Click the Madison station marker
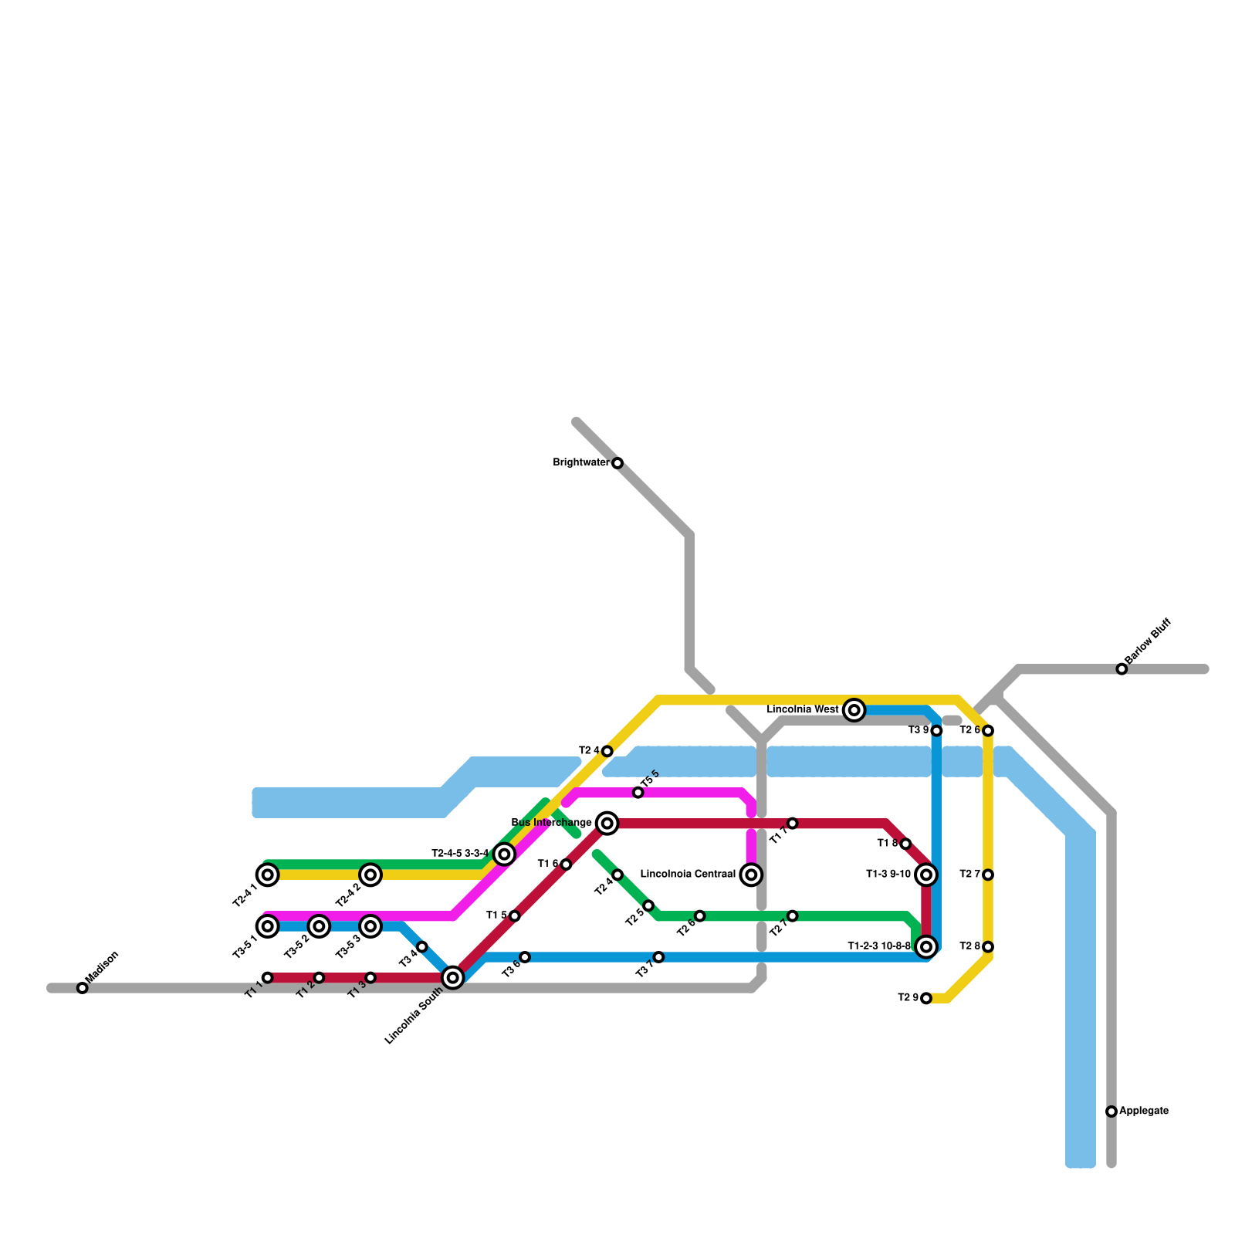83,988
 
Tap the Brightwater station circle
617,463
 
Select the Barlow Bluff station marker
1122,669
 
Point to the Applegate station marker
1111,1111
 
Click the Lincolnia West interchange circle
854,710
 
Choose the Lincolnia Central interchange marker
751,875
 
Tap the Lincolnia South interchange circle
453,978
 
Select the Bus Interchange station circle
607,824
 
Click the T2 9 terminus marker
926,998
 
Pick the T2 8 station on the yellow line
988,947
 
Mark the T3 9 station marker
936,731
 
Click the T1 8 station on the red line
905,844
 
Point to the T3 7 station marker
658,957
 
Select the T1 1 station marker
268,978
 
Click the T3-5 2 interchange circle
319,926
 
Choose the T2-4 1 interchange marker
268,875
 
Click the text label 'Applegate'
1144,1111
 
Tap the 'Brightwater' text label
581,463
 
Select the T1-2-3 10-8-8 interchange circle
926,946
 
